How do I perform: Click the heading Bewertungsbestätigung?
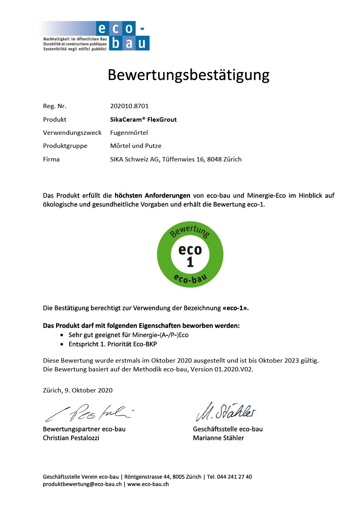point(189,75)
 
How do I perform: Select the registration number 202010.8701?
point(129,106)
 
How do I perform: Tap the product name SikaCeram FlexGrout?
point(143,119)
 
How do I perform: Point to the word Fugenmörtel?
point(129,132)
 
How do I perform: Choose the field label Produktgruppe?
point(65,146)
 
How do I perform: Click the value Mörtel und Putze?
point(136,146)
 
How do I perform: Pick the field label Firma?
point(51,159)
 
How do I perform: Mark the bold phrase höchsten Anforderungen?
point(152,196)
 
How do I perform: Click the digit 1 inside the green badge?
point(190,262)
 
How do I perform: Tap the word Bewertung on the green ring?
point(190,231)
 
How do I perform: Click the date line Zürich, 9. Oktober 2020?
point(78,390)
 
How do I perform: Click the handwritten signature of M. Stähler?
point(226,412)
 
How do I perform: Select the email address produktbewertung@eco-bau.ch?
point(82,484)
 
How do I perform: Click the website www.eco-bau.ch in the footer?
point(148,484)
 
